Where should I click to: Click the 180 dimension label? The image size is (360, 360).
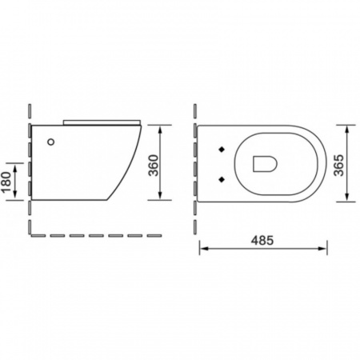point(6,182)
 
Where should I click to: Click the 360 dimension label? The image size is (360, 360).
point(154,166)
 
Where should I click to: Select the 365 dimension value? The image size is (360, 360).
point(339,166)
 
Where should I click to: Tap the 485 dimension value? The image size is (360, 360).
point(262,240)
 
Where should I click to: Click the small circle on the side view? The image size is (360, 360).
point(51,142)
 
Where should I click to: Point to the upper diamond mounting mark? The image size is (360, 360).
point(222,150)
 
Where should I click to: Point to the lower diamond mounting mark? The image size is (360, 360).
point(222,180)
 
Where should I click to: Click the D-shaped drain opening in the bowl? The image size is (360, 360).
point(264,164)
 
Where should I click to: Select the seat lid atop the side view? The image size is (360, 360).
point(102,122)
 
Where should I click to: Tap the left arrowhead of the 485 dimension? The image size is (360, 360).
point(204,249)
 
